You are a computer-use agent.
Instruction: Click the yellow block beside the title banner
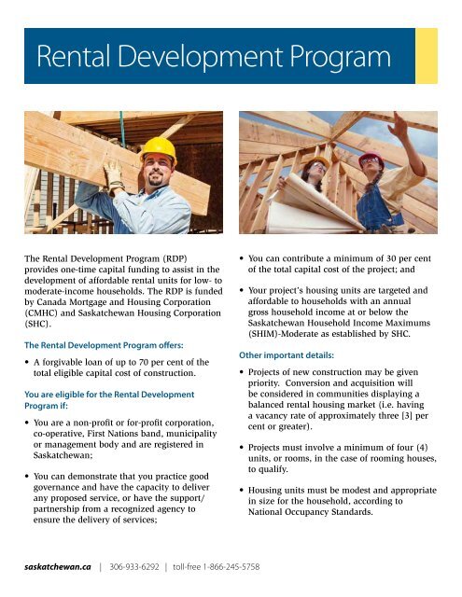pyautogui.click(x=427, y=56)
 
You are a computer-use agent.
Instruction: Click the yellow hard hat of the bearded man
pyautogui.click(x=159, y=148)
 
